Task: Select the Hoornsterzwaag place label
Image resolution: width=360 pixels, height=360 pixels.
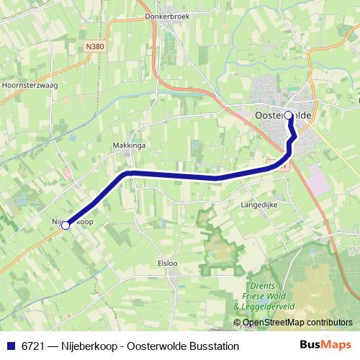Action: coord(30,84)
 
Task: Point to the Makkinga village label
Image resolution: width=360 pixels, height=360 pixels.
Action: coord(129,145)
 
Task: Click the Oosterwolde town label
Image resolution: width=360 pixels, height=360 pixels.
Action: coord(284,114)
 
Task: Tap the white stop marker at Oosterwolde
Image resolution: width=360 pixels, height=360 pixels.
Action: coord(289,115)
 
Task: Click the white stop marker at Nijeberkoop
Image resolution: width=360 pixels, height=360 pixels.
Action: coord(66,225)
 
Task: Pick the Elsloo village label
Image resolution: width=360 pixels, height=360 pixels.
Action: coord(167,263)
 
